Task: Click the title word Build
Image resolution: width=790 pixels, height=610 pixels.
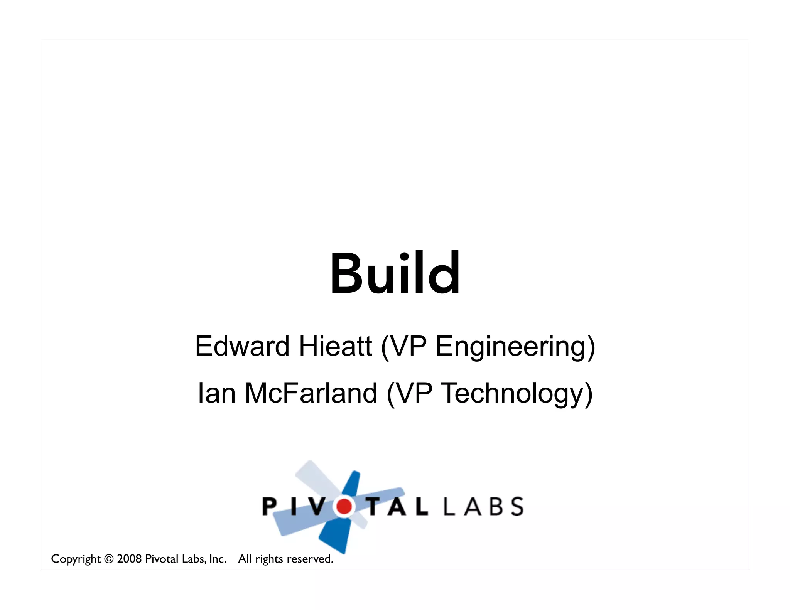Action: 395,273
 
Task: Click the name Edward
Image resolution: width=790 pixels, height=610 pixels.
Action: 242,346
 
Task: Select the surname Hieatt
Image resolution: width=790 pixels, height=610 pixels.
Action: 335,346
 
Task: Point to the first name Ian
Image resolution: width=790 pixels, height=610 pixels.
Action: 216,393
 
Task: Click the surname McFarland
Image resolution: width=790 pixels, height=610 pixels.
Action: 311,393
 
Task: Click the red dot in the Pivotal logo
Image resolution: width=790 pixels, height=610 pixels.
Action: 344,506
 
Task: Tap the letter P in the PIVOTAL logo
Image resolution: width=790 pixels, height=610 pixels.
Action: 269,506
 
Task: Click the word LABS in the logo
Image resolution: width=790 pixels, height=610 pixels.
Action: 484,506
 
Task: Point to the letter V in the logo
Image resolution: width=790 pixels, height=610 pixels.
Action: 317,506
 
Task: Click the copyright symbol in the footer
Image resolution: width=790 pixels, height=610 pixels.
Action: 109,559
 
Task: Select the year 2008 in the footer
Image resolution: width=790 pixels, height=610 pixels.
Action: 129,559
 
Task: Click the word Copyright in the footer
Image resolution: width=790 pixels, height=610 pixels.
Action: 76,559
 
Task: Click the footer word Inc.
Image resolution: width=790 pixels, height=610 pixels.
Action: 218,559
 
